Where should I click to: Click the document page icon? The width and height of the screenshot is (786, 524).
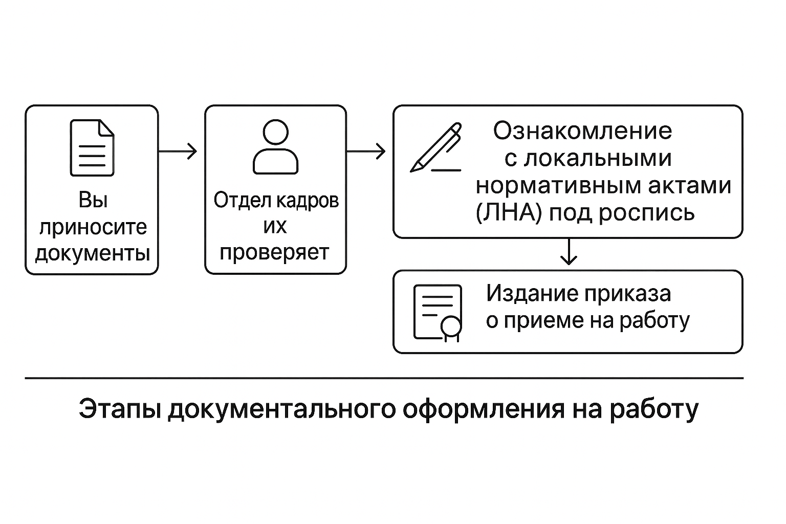tap(92, 148)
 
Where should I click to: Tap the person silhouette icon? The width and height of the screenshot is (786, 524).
tap(275, 147)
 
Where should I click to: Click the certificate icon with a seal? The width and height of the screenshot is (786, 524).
tap(438, 313)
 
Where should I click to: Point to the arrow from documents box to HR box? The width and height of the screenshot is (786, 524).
tap(178, 151)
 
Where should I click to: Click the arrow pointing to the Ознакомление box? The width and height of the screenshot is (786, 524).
tap(366, 151)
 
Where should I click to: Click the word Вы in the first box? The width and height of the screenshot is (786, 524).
tap(93, 200)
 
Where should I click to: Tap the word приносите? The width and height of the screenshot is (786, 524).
tap(93, 227)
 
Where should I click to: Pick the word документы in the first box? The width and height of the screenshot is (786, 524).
tap(93, 253)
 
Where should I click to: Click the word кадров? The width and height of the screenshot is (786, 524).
tap(308, 200)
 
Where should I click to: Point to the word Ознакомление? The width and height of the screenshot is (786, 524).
tap(582, 131)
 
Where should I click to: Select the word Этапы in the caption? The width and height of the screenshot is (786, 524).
tap(119, 410)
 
